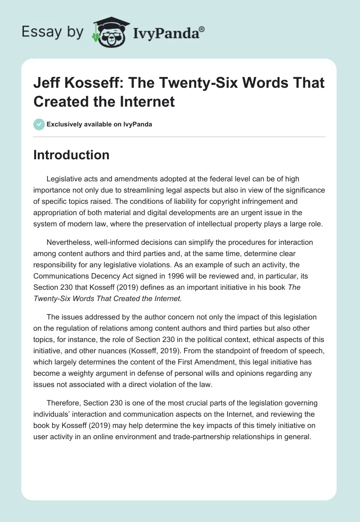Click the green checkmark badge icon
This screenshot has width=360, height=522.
coord(39,124)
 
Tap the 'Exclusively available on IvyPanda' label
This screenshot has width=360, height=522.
coord(100,124)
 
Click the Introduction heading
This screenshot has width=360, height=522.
coord(72,155)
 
